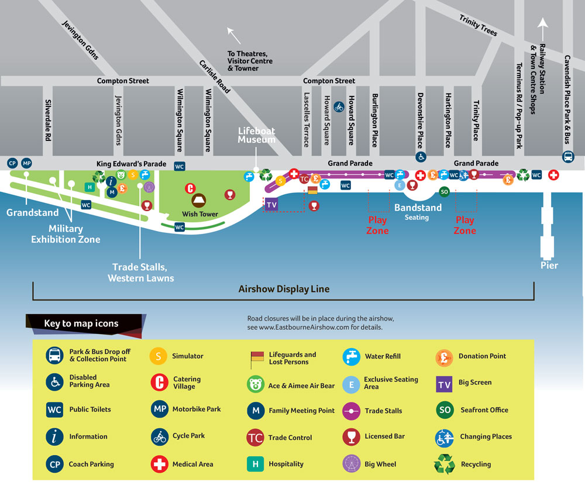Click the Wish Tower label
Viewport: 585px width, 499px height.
click(x=200, y=214)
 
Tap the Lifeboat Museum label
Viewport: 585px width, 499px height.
click(x=257, y=135)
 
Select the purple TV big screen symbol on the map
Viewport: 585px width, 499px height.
click(x=271, y=205)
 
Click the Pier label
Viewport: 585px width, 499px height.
click(x=549, y=266)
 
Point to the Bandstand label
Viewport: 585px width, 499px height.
click(x=418, y=207)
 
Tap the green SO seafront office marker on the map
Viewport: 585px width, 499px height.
click(x=444, y=192)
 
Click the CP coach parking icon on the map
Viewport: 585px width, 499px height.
click(x=12, y=163)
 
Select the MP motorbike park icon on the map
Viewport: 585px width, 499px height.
click(x=26, y=163)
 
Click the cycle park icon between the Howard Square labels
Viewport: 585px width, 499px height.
click(x=339, y=108)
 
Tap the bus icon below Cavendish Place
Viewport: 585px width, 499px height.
click(x=568, y=157)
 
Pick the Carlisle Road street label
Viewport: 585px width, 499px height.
click(x=215, y=77)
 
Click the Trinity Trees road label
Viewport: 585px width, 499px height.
click(x=478, y=25)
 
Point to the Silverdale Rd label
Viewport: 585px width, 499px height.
click(x=48, y=120)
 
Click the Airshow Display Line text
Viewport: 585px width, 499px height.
click(x=284, y=289)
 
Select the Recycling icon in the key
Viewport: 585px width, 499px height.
click(x=445, y=464)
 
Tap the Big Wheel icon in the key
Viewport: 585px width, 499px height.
click(x=352, y=464)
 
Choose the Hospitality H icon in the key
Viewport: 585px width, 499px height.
click(x=255, y=464)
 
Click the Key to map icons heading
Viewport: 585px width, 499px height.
click(x=81, y=324)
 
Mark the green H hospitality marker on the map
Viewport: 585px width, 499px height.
click(x=90, y=187)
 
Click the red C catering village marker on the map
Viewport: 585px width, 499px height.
click(x=190, y=188)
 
